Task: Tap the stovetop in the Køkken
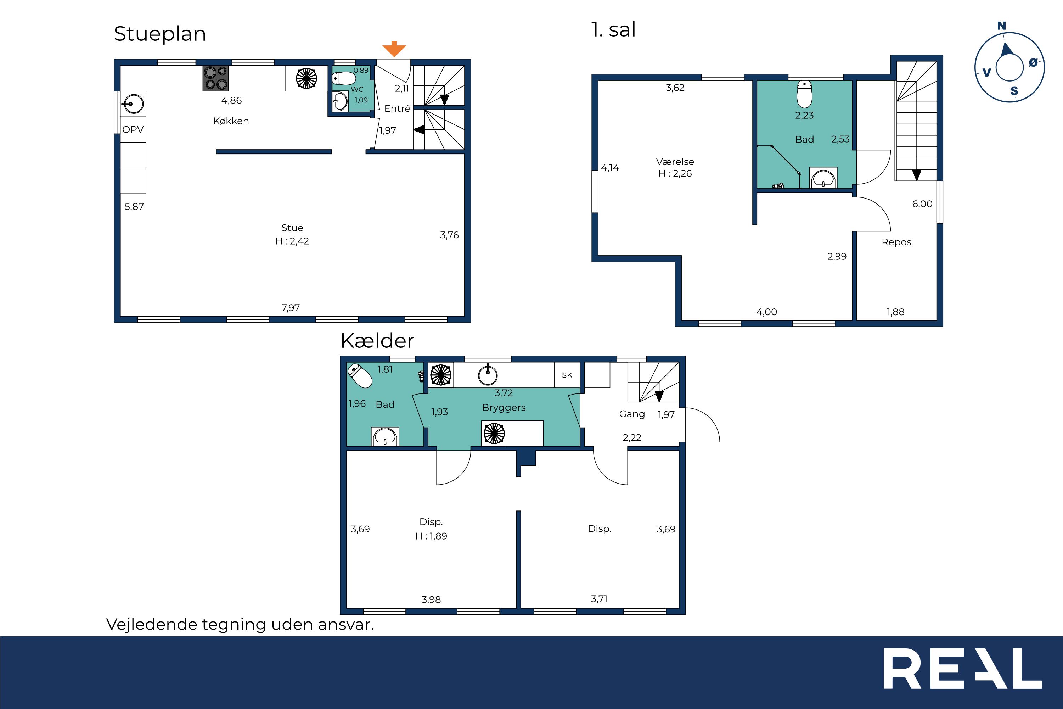pyautogui.click(x=215, y=78)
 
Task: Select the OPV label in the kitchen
pyautogui.click(x=133, y=130)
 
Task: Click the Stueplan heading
pyautogui.click(x=160, y=34)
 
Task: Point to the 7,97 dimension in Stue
pyautogui.click(x=291, y=308)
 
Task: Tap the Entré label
pyautogui.click(x=397, y=108)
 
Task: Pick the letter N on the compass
pyautogui.click(x=1002, y=26)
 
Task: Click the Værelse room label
pyautogui.click(x=675, y=161)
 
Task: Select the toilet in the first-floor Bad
pyautogui.click(x=804, y=94)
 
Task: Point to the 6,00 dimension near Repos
pyautogui.click(x=922, y=204)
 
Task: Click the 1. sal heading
pyautogui.click(x=613, y=30)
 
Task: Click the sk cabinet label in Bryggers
pyautogui.click(x=567, y=374)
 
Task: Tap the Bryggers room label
pyautogui.click(x=504, y=408)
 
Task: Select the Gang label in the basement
pyautogui.click(x=632, y=414)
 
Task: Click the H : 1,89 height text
pyautogui.click(x=431, y=536)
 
